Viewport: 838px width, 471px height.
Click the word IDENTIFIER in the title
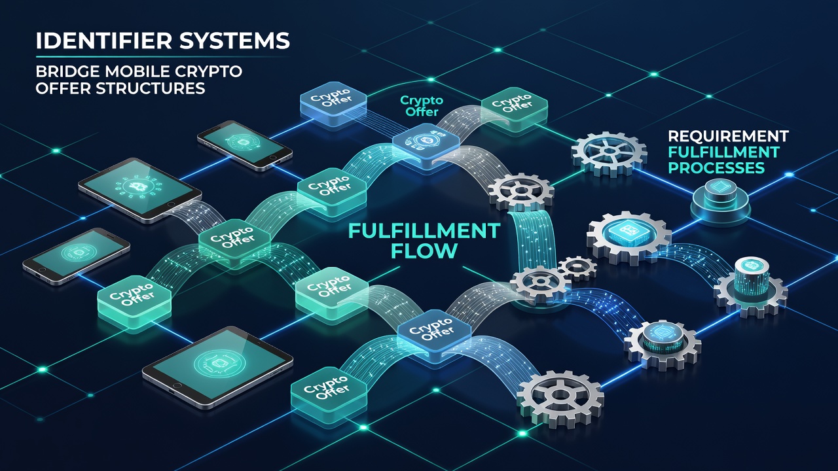tap(104, 41)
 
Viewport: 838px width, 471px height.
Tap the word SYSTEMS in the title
tap(234, 41)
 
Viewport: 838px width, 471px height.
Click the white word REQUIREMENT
tap(729, 137)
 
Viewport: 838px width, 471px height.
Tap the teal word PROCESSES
tap(716, 168)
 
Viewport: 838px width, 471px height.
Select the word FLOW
tap(424, 251)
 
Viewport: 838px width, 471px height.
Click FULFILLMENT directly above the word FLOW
tap(424, 231)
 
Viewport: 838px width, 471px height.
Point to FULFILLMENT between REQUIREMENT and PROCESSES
tap(724, 152)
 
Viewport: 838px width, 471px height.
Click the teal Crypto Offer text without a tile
tap(422, 106)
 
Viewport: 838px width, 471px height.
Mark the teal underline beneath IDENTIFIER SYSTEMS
tap(163, 57)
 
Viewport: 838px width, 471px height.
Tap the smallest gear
tap(577, 268)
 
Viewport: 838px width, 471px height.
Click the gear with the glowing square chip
tap(629, 237)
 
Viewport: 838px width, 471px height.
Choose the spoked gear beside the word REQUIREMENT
tap(609, 152)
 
